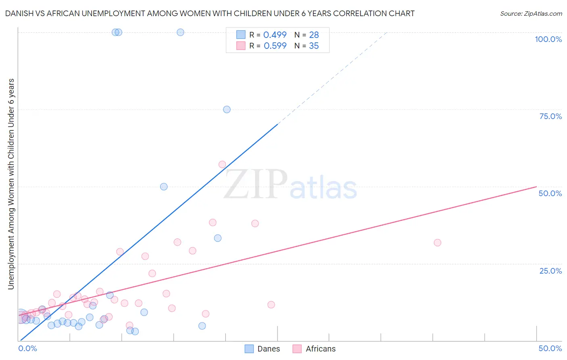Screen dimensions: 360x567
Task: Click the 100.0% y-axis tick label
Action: pos(548,39)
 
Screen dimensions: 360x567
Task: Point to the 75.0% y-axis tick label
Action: pos(550,116)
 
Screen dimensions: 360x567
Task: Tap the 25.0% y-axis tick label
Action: pos(550,271)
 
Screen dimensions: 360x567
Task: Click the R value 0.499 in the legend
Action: pos(275,35)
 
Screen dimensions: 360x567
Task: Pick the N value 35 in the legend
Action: pos(314,46)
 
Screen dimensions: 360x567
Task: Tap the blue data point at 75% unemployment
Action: pos(227,109)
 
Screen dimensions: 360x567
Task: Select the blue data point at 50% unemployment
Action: pos(164,186)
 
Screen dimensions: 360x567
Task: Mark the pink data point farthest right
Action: pos(438,243)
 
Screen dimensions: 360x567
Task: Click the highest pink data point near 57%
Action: pos(222,164)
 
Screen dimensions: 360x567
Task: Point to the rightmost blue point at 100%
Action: pos(180,32)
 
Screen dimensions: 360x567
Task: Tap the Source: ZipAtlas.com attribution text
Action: pos(531,14)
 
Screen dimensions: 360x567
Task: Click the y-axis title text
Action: pos(11,184)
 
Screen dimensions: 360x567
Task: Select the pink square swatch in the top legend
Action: pos(241,46)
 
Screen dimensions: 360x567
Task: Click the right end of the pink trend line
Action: pos(536,186)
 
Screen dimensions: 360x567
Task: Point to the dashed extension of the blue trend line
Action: pos(333,77)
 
